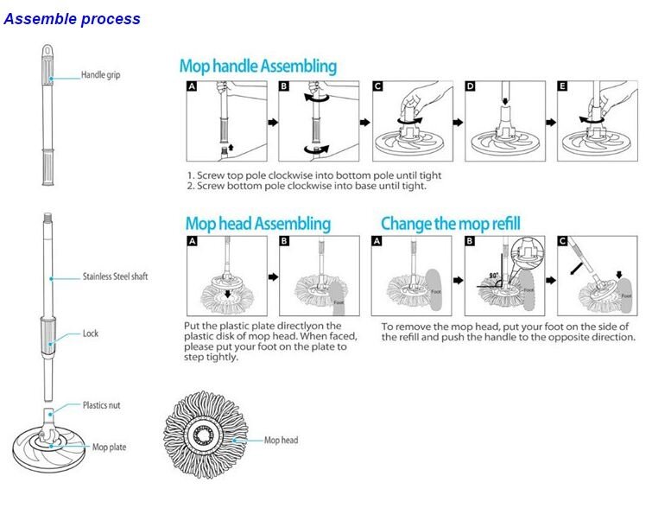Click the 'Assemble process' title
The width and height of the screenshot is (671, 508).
click(72, 18)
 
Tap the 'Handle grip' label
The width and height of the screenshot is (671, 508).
click(100, 75)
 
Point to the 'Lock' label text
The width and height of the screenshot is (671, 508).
click(91, 333)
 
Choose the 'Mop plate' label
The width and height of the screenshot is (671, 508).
click(109, 447)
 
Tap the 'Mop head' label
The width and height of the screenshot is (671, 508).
click(281, 440)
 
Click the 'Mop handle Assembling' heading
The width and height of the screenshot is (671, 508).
click(257, 66)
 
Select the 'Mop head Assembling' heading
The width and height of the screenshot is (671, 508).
click(257, 224)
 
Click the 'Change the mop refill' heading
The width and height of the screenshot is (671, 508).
click(450, 224)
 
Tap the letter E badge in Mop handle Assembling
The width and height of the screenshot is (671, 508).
click(564, 87)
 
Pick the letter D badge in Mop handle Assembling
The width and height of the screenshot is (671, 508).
click(471, 87)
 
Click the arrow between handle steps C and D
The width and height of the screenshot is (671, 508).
click(459, 123)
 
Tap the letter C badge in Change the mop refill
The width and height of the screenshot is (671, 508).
click(563, 241)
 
